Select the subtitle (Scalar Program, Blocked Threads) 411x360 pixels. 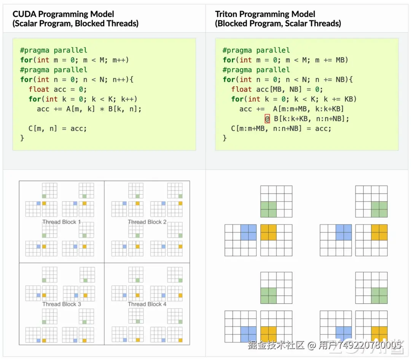pos(75,24)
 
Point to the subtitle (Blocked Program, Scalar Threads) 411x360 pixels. pos(278,24)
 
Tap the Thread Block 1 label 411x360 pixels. pos(61,222)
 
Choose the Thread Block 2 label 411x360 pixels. pos(147,222)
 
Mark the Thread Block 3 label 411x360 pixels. pos(61,304)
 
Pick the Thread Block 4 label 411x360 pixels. pos(147,304)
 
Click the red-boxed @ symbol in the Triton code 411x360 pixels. pos(267,119)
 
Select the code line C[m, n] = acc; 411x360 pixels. pos(57,128)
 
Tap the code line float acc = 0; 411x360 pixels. pos(58,90)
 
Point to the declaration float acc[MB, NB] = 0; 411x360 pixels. pos(277,90)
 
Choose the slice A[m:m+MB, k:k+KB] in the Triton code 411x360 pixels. pos(308,109)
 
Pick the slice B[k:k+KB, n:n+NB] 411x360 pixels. pos(311,119)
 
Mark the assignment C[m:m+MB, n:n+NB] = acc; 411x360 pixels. pos(281,128)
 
